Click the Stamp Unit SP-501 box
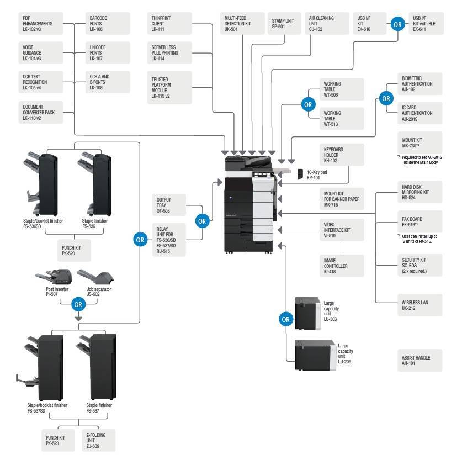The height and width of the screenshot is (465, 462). (x=283, y=24)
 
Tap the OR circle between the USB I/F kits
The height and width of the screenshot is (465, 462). (x=397, y=24)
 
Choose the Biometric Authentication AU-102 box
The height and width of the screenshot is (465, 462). (x=419, y=84)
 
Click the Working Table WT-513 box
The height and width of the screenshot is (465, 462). (x=342, y=118)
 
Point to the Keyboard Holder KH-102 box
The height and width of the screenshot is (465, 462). (x=342, y=155)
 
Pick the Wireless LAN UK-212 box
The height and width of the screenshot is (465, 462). (x=419, y=305)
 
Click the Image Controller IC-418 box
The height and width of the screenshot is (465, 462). (x=342, y=266)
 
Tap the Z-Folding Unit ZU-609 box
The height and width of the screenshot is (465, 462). (x=99, y=441)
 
